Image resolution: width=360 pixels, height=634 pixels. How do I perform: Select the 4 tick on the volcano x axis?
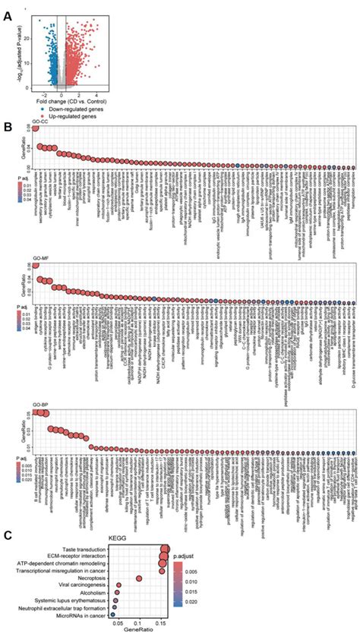(97, 96)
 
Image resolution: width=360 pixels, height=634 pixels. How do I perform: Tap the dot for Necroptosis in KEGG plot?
(138, 579)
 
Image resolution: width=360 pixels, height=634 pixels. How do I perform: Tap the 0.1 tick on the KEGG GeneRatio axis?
(137, 621)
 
